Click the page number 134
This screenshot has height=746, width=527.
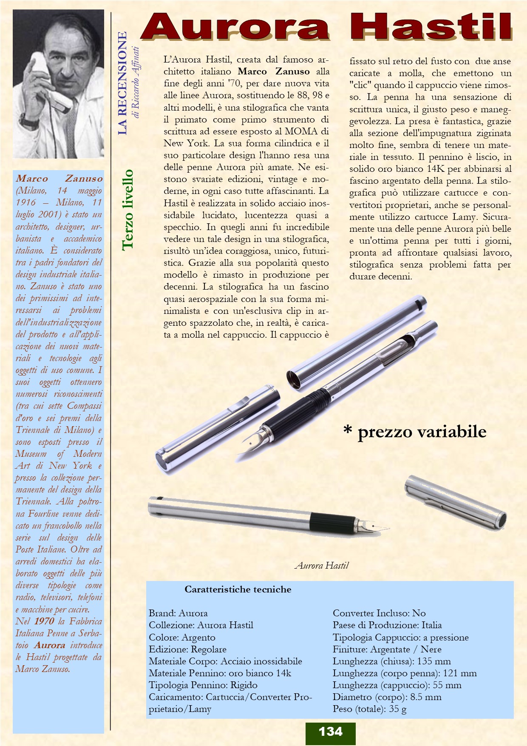[330, 731]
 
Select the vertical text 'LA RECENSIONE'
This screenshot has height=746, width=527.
[122, 83]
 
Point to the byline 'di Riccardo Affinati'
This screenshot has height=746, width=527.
[136, 83]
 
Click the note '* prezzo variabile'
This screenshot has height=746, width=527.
[414, 432]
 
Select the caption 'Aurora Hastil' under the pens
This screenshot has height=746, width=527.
[322, 565]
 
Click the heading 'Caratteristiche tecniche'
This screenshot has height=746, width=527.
[238, 589]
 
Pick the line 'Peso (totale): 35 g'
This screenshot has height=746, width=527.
[369, 709]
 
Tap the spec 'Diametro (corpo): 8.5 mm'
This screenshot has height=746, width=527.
[387, 697]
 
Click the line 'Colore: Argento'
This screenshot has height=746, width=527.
[182, 637]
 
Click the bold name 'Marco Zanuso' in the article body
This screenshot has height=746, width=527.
[274, 71]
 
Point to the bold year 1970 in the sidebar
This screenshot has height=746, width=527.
[44, 621]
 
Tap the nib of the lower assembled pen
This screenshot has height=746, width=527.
[374, 527]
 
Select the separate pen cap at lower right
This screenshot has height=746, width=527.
[455, 502]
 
